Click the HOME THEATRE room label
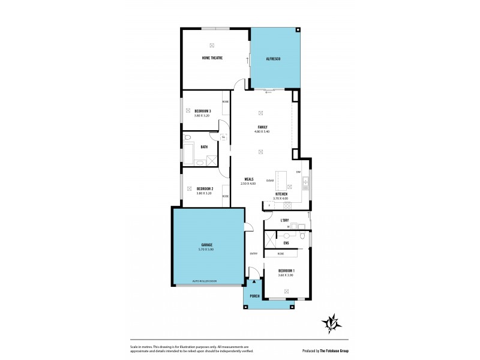(212, 58)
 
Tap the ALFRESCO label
(274, 58)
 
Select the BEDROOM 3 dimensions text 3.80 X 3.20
(202, 115)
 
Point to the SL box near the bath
(223, 137)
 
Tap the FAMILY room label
(262, 127)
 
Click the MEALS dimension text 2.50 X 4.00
(248, 184)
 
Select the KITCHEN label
(281, 194)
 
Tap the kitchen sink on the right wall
(305, 181)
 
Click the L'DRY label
(285, 220)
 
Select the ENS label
(286, 243)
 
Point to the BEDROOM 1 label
(286, 271)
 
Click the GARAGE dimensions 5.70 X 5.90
(207, 249)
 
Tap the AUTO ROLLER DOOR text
(204, 281)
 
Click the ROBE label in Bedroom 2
(226, 196)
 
